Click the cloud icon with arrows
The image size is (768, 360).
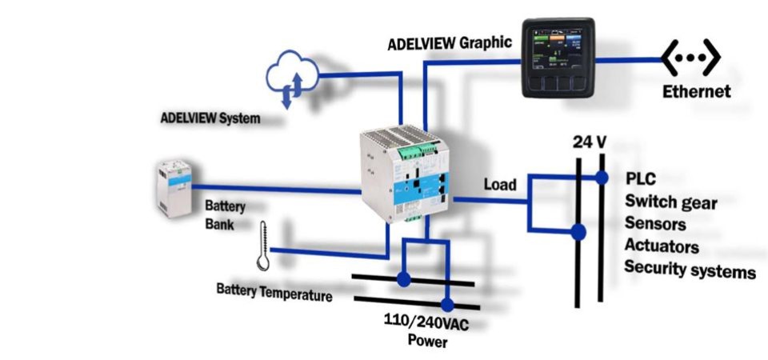pos(292,77)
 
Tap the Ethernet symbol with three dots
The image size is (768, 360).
pos(690,58)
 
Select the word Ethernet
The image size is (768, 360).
pos(696,92)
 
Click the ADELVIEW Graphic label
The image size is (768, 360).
pos(450,42)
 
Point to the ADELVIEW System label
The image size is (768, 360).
pos(210,118)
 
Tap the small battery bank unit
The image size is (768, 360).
pos(174,187)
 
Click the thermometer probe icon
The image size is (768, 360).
pos(262,246)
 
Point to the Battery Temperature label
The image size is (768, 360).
pos(274,291)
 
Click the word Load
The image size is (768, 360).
pos(500,185)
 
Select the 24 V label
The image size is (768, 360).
pos(590,142)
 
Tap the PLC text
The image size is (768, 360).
pos(641,178)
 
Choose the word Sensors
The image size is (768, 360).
pos(656,223)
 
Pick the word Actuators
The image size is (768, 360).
pos(662,246)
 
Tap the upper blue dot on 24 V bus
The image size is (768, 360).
pos(601,178)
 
